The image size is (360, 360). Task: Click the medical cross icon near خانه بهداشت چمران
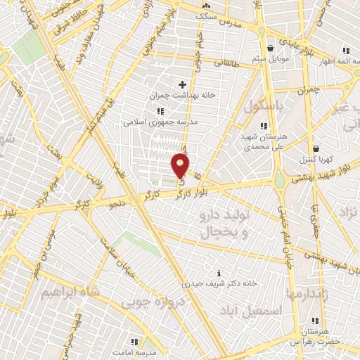(183, 84)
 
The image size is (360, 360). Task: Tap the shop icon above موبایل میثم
(271, 47)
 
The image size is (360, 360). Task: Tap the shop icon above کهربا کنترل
(316, 148)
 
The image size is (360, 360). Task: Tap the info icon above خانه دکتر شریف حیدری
(219, 273)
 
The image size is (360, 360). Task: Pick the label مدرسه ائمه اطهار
(334, 61)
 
